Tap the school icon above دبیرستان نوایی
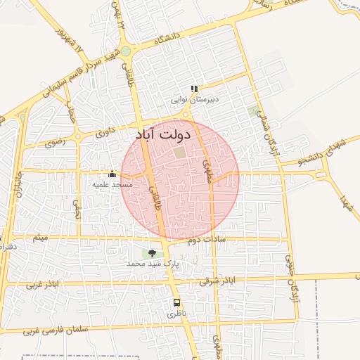pos(195,89)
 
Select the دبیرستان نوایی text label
pos(197,99)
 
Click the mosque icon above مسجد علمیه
pos(112,174)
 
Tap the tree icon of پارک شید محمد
pos(153,253)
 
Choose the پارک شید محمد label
pos(153,263)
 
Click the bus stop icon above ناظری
pos(176,303)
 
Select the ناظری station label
pos(176,314)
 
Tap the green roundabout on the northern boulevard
pos(126,51)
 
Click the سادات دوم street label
pos(206,240)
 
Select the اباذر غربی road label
pos(44,285)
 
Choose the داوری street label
pos(105,131)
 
